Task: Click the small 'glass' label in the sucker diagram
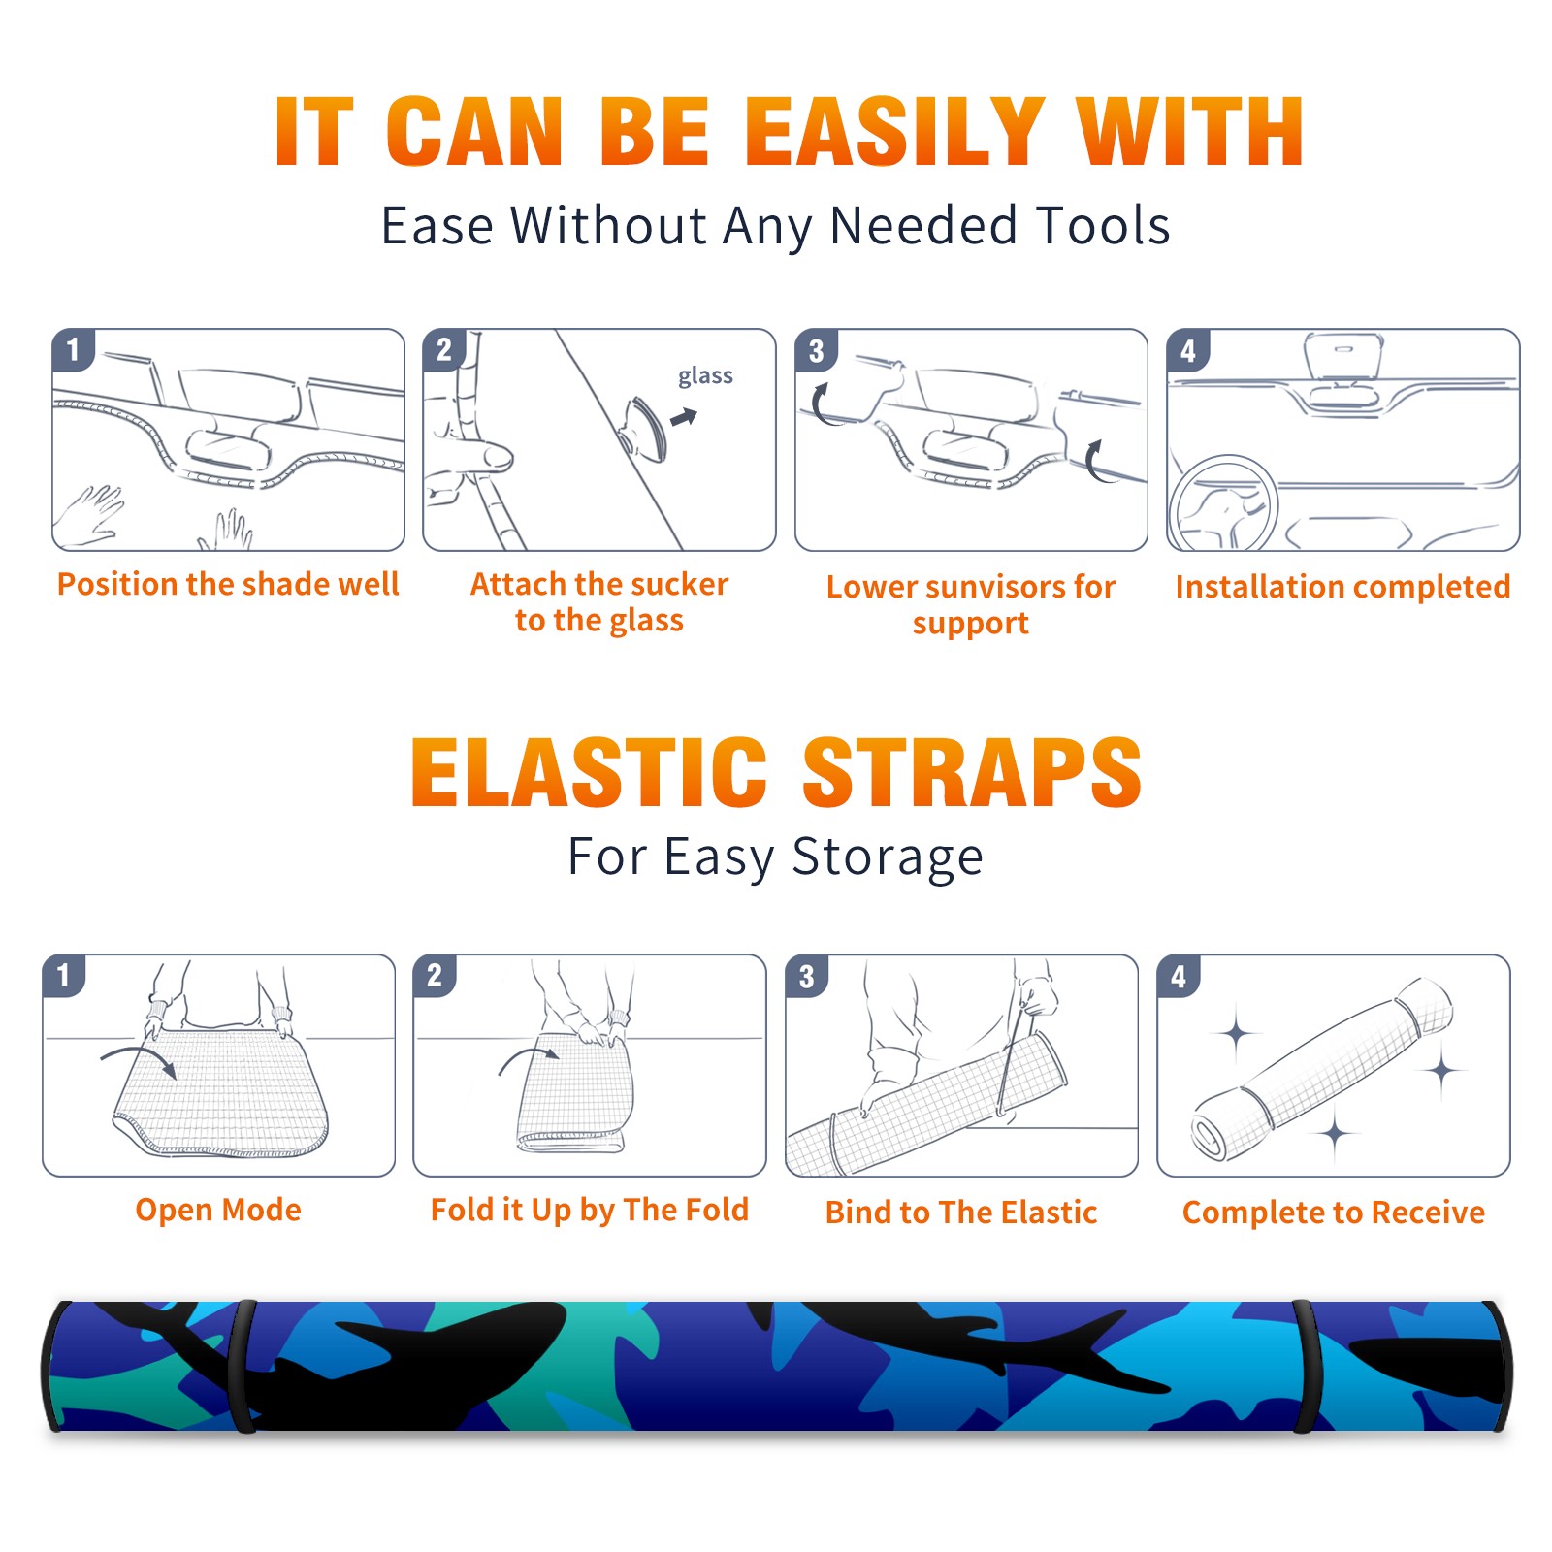(705, 376)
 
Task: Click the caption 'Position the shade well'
(228, 584)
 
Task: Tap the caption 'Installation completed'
(1342, 586)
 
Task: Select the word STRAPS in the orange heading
(972, 772)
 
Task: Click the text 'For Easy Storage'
(775, 857)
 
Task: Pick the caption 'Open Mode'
(218, 1210)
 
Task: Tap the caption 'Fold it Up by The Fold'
(590, 1211)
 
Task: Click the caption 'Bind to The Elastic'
(961, 1212)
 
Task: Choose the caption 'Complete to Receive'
(1334, 1212)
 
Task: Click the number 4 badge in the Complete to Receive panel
(1179, 976)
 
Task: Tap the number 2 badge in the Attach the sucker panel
(444, 349)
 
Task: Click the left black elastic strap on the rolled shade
(243, 1366)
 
